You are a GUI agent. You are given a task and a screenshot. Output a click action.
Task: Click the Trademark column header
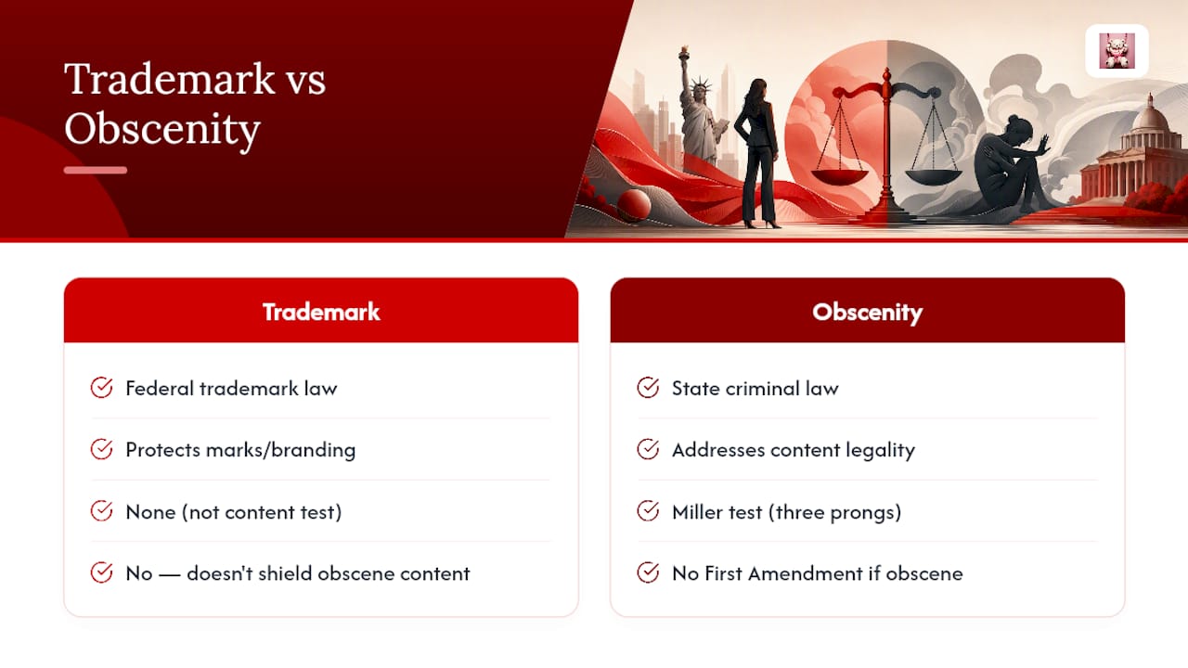tap(321, 312)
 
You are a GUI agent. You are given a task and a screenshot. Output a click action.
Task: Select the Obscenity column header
tap(867, 313)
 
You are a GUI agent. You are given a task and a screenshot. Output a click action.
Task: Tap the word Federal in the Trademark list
tap(159, 389)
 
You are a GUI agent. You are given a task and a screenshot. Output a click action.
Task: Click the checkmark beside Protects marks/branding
tap(101, 449)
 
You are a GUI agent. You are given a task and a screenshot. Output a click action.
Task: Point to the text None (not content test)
tap(233, 512)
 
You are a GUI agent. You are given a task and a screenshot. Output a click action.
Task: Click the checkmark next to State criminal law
tap(648, 388)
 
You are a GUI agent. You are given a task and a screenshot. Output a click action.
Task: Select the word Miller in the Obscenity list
tap(697, 512)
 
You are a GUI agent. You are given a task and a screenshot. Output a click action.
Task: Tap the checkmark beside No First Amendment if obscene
tap(648, 572)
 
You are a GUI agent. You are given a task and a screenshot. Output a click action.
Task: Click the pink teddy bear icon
tap(1117, 51)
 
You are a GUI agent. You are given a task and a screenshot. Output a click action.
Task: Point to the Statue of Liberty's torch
tap(685, 53)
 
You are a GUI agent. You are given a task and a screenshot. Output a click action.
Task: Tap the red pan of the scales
tap(839, 176)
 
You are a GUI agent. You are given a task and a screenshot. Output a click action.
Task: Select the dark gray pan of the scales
tap(933, 177)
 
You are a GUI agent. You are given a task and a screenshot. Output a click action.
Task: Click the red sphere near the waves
tap(634, 205)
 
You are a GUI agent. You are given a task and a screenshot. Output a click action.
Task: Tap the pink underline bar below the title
tap(96, 170)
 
